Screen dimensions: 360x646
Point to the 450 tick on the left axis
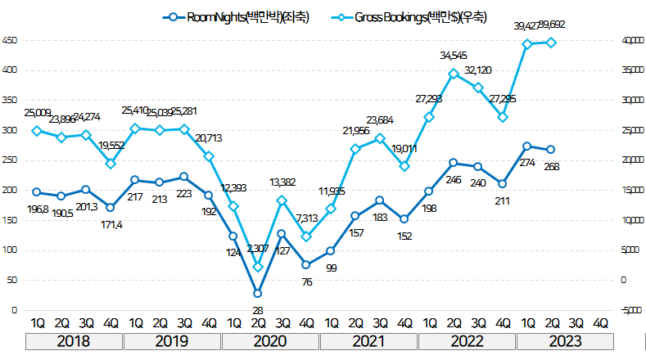coord(9,40)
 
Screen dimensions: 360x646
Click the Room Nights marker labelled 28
coord(257,293)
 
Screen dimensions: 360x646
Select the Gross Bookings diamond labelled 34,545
coord(453,74)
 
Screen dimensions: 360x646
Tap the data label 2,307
coord(258,248)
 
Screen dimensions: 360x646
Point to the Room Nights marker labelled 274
coord(526,146)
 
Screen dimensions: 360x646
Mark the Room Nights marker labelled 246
coord(453,163)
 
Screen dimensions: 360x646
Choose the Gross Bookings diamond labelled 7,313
coord(306,236)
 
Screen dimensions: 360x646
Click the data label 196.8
coord(36,210)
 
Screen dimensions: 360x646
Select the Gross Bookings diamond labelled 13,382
coord(282,200)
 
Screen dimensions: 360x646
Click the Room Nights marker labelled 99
coord(330,251)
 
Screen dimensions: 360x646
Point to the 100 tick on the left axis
coord(9,250)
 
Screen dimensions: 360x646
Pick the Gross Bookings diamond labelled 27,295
coord(502,117)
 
